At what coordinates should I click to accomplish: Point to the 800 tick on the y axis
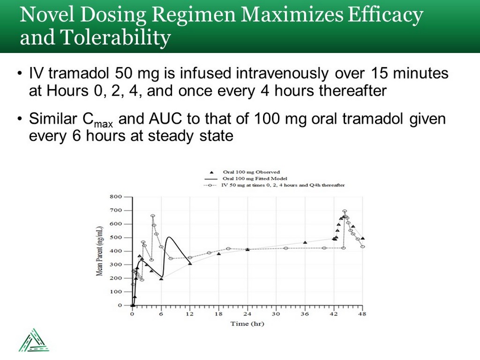(x=115, y=196)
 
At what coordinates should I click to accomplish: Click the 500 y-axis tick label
(x=115, y=237)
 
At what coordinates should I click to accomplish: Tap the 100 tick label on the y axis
(x=115, y=292)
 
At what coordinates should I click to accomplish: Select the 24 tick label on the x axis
(x=247, y=314)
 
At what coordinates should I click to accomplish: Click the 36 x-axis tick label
(x=305, y=314)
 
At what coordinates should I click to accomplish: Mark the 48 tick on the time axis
(x=362, y=314)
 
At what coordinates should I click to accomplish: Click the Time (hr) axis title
(x=247, y=323)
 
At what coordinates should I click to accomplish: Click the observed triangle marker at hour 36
(x=305, y=242)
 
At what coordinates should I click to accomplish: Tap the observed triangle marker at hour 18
(x=218, y=254)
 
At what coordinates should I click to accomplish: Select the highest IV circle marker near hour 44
(x=345, y=211)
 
